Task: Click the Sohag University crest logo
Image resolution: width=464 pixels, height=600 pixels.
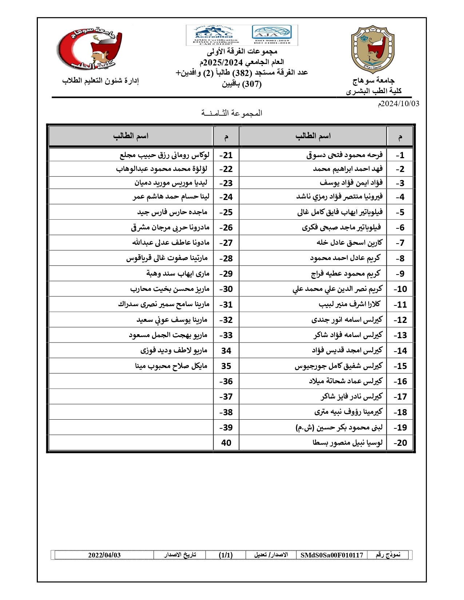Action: click(x=372, y=49)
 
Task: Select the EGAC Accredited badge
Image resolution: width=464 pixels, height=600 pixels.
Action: click(x=214, y=35)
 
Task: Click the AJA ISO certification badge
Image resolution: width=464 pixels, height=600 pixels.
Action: click(x=271, y=35)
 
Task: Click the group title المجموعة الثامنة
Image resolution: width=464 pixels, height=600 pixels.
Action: click(x=232, y=113)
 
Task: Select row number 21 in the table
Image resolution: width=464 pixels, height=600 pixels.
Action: click(x=226, y=155)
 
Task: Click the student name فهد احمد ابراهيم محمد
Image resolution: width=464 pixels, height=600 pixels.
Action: click(x=348, y=169)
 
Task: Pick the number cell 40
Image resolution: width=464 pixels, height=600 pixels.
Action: click(x=226, y=443)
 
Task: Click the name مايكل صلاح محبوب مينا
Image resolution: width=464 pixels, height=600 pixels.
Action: click(x=171, y=366)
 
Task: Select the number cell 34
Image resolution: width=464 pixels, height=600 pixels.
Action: click(x=226, y=351)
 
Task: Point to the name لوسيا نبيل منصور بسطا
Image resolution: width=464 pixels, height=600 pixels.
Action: click(x=348, y=443)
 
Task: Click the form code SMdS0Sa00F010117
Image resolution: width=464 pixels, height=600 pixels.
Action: click(x=332, y=555)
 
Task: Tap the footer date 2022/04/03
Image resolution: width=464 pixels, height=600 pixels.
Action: click(x=104, y=555)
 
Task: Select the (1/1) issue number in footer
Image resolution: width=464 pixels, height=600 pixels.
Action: click(x=226, y=555)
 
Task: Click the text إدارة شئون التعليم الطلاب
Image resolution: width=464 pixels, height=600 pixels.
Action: click(x=100, y=80)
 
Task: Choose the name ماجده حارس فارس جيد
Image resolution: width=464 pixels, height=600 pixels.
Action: click(x=172, y=212)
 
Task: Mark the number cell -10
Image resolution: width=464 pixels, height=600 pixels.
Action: click(x=400, y=289)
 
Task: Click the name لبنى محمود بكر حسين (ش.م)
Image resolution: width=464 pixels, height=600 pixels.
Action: click(x=339, y=428)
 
